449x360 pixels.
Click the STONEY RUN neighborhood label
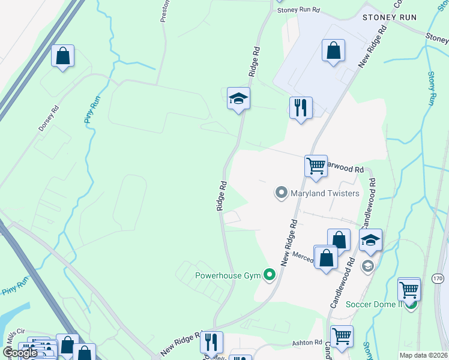click(389, 17)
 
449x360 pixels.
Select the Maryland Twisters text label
click(325, 193)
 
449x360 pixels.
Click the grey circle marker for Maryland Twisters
click(280, 193)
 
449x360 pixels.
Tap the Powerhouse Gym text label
click(229, 277)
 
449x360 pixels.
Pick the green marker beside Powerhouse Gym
click(270, 276)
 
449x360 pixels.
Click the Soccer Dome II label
click(373, 304)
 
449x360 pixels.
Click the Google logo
click(20, 353)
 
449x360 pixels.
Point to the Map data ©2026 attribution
click(424, 355)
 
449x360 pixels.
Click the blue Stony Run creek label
click(432, 89)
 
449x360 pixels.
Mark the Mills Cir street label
click(13, 331)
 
